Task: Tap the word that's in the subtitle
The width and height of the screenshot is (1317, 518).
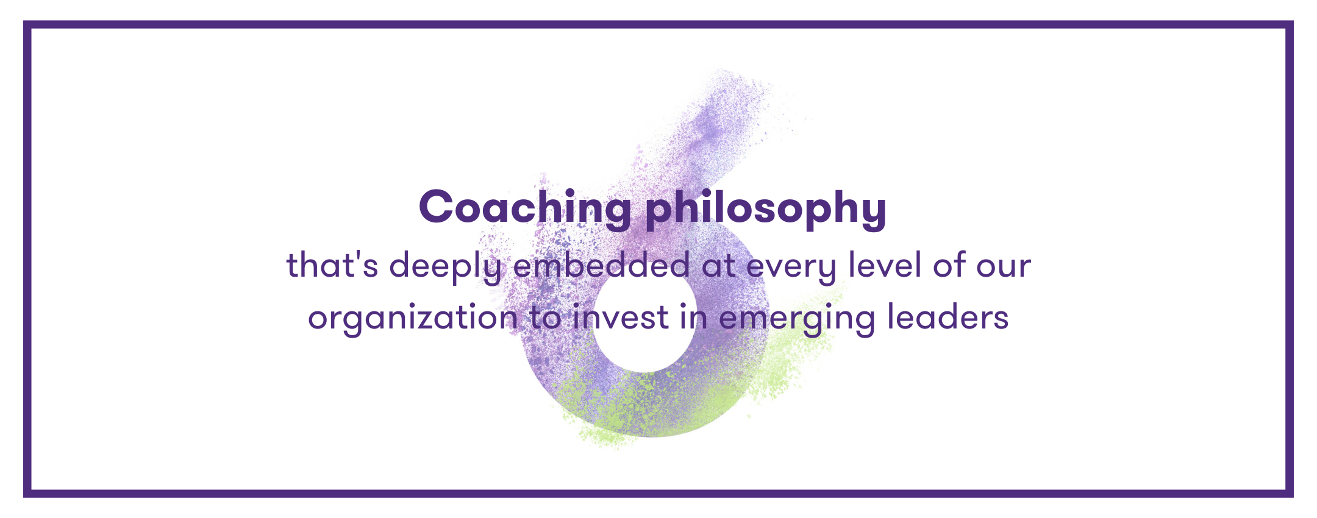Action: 332,266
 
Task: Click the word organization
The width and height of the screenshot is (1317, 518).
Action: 413,319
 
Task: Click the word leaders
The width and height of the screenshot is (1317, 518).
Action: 948,317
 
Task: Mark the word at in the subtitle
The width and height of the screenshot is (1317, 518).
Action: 718,267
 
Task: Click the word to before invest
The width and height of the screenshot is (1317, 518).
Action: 546,319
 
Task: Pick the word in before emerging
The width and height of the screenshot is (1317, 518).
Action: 694,318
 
